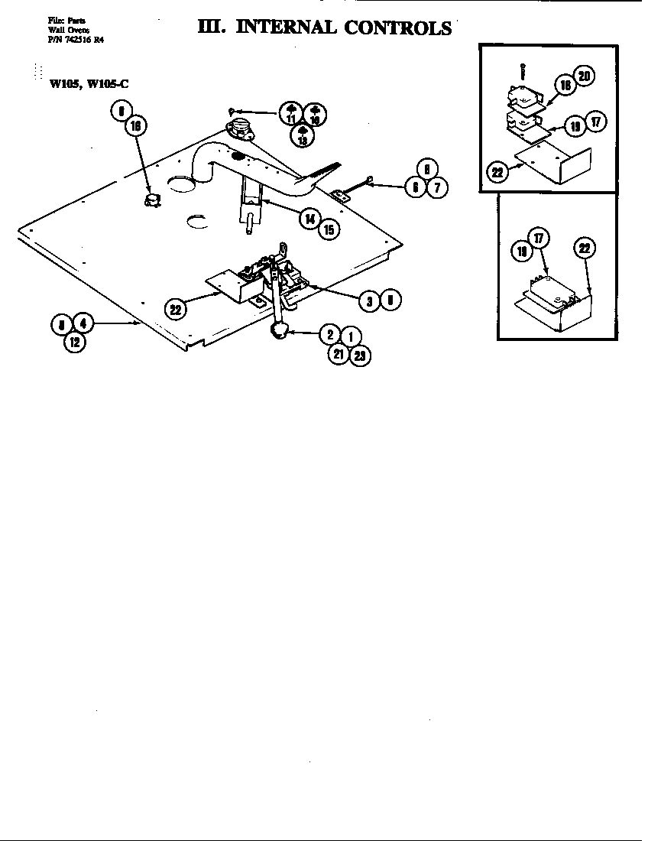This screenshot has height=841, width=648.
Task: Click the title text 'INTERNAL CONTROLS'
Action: tap(346, 28)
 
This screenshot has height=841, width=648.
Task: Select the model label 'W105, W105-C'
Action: tap(89, 84)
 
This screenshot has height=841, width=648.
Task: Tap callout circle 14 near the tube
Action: tap(309, 218)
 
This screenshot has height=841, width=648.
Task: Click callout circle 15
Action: tap(329, 228)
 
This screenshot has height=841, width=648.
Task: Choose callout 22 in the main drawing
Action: tap(175, 309)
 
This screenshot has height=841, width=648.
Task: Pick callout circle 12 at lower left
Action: tap(74, 343)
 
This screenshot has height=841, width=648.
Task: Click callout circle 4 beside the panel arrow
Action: tap(83, 324)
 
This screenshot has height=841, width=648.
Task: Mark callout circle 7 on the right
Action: tap(436, 188)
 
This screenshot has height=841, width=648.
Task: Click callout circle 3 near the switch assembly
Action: tap(369, 301)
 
